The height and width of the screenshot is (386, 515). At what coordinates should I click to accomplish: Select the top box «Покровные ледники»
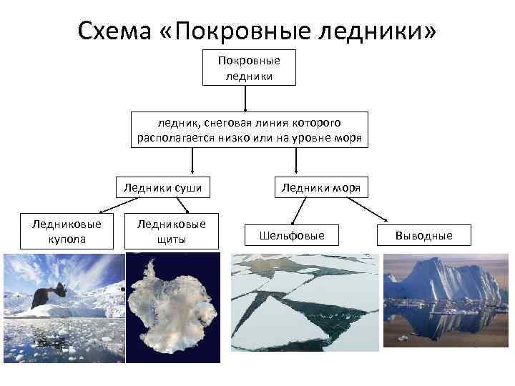[249, 67]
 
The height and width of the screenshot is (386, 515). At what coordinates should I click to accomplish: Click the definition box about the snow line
[250, 129]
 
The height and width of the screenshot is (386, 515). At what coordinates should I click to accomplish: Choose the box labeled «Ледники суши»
[162, 188]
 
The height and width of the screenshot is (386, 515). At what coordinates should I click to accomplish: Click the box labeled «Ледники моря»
[320, 188]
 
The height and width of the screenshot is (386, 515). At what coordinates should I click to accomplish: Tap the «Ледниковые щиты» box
[170, 231]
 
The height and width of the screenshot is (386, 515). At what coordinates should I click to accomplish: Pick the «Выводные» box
[423, 235]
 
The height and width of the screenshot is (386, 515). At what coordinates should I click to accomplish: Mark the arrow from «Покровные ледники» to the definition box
[246, 98]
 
